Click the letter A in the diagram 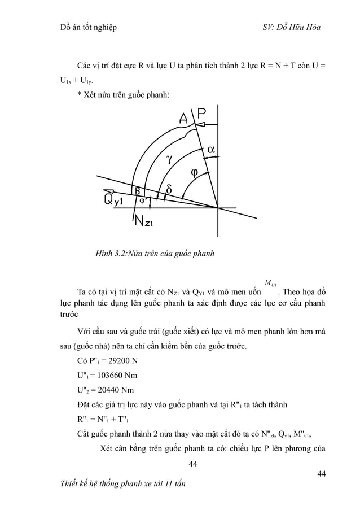coord(184,119)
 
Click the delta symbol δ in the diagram coord(169,189)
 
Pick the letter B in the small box coord(137,191)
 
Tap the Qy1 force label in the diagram coord(115,200)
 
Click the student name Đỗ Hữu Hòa coord(304,28)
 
